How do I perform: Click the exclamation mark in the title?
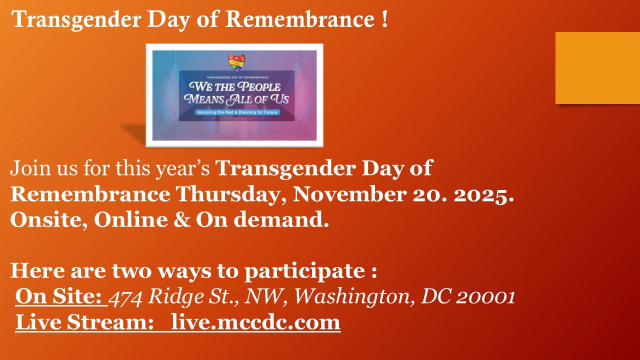click(384, 18)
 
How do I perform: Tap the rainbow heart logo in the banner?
click(236, 62)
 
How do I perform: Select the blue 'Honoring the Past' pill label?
click(237, 112)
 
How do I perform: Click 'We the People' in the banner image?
click(235, 87)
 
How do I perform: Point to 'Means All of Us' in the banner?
click(236, 99)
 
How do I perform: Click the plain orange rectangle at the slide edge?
click(597, 68)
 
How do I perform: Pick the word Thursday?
click(227, 195)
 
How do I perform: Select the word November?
click(349, 194)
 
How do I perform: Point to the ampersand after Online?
click(181, 219)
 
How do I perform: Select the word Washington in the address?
click(354, 297)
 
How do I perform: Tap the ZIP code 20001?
click(485, 297)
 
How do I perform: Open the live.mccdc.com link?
click(255, 322)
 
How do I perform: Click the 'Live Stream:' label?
click(84, 322)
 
